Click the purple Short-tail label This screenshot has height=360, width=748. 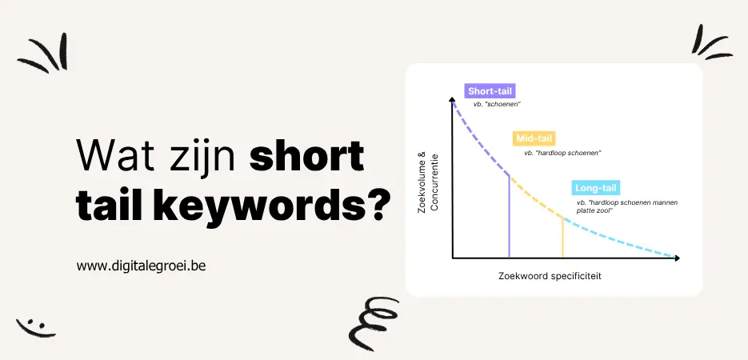point(485,90)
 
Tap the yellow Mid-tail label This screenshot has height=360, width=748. point(534,138)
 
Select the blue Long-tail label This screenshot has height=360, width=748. point(596,189)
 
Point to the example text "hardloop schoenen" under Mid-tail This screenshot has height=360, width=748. point(562,152)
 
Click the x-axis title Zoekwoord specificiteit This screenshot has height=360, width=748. point(549,276)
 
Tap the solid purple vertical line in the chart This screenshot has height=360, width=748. point(510,216)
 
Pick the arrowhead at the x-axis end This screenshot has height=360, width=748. point(677,258)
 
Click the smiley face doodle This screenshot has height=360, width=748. point(36,326)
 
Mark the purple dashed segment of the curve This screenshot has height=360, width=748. point(478,138)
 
